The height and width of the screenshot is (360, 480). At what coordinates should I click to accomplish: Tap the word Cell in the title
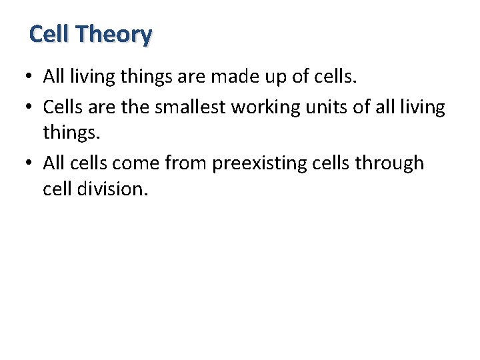(53, 33)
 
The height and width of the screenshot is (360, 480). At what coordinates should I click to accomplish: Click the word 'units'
(341, 106)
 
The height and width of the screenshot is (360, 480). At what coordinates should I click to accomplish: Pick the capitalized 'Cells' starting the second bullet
(62, 106)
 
